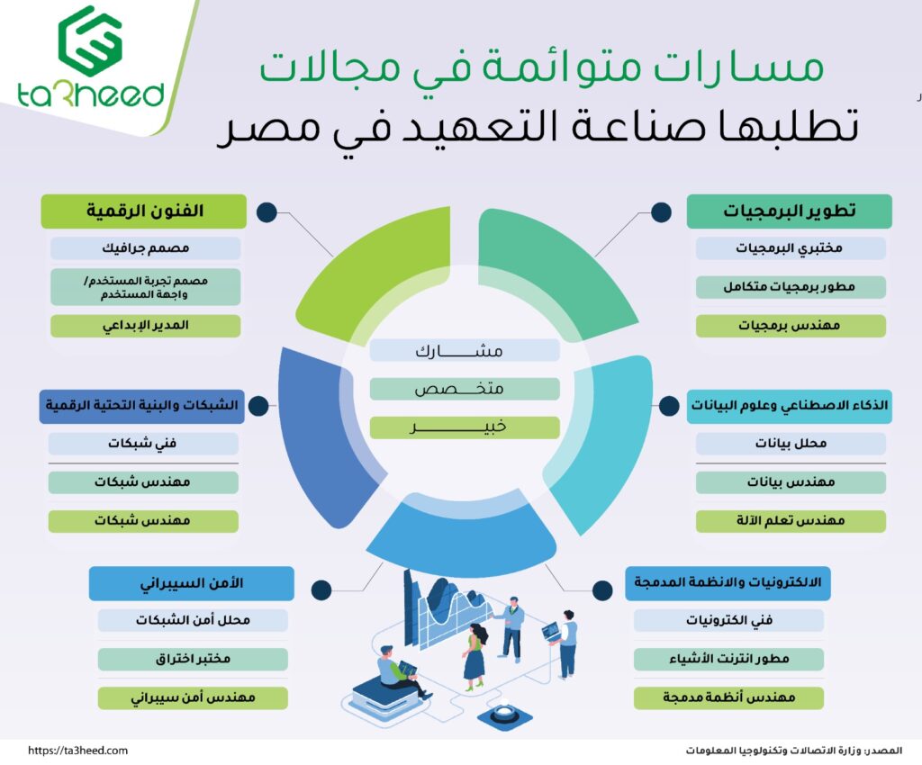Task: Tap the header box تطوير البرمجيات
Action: click(x=790, y=211)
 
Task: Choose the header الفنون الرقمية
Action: click(x=144, y=211)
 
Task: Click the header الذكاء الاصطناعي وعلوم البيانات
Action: click(x=790, y=407)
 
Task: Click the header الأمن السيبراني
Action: click(x=191, y=583)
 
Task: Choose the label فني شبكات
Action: click(x=143, y=444)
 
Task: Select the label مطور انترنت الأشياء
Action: click(x=728, y=659)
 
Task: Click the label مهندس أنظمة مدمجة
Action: click(x=728, y=697)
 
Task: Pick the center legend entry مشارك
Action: click(x=464, y=350)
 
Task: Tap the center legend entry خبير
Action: click(x=464, y=427)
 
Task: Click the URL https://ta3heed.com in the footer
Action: click(x=78, y=750)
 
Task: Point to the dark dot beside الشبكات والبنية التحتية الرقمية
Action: click(x=260, y=407)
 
